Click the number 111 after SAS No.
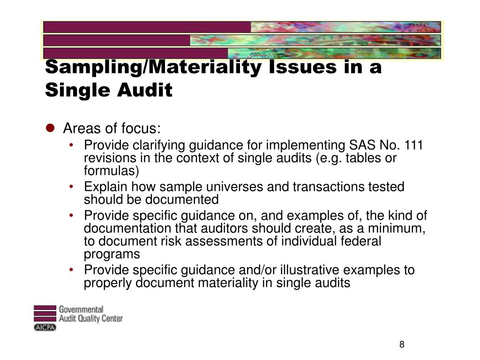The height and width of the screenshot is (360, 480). click(413, 145)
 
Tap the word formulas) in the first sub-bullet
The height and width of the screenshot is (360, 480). click(112, 170)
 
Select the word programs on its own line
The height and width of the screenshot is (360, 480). click(112, 254)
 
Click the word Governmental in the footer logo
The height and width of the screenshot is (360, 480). click(81, 309)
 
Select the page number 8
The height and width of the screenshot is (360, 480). click(402, 345)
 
